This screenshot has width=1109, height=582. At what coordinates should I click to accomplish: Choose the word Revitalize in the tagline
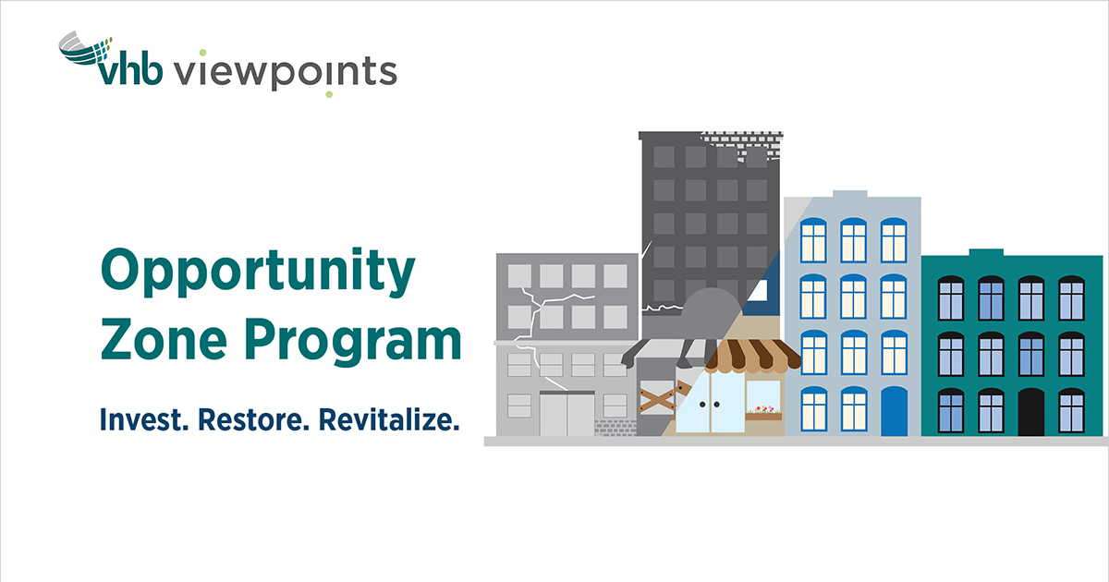388,420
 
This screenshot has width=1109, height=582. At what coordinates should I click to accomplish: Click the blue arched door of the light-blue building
894,411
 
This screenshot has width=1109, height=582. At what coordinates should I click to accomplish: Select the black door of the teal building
1030,412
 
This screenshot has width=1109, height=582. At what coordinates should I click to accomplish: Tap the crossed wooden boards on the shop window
658,399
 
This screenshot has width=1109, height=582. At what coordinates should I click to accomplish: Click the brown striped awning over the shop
750,354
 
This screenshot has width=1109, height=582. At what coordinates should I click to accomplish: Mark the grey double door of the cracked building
567,414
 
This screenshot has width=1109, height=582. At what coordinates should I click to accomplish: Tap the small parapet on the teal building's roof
985,251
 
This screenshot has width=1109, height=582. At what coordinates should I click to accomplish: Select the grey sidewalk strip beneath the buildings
795,442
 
